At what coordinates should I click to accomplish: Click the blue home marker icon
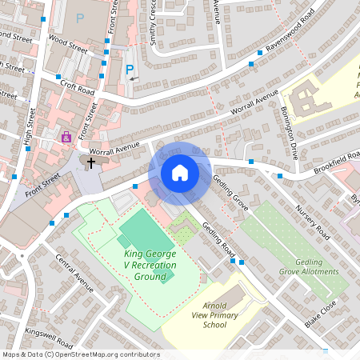(180, 172)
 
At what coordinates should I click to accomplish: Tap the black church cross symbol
(91, 163)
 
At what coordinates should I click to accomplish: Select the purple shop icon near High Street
(66, 137)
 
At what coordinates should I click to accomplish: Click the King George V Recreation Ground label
(150, 266)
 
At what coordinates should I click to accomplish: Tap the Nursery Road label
(312, 220)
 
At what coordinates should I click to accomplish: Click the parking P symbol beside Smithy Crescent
(130, 70)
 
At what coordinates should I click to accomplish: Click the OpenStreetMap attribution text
(80, 354)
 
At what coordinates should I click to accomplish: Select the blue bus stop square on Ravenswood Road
(251, 62)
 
